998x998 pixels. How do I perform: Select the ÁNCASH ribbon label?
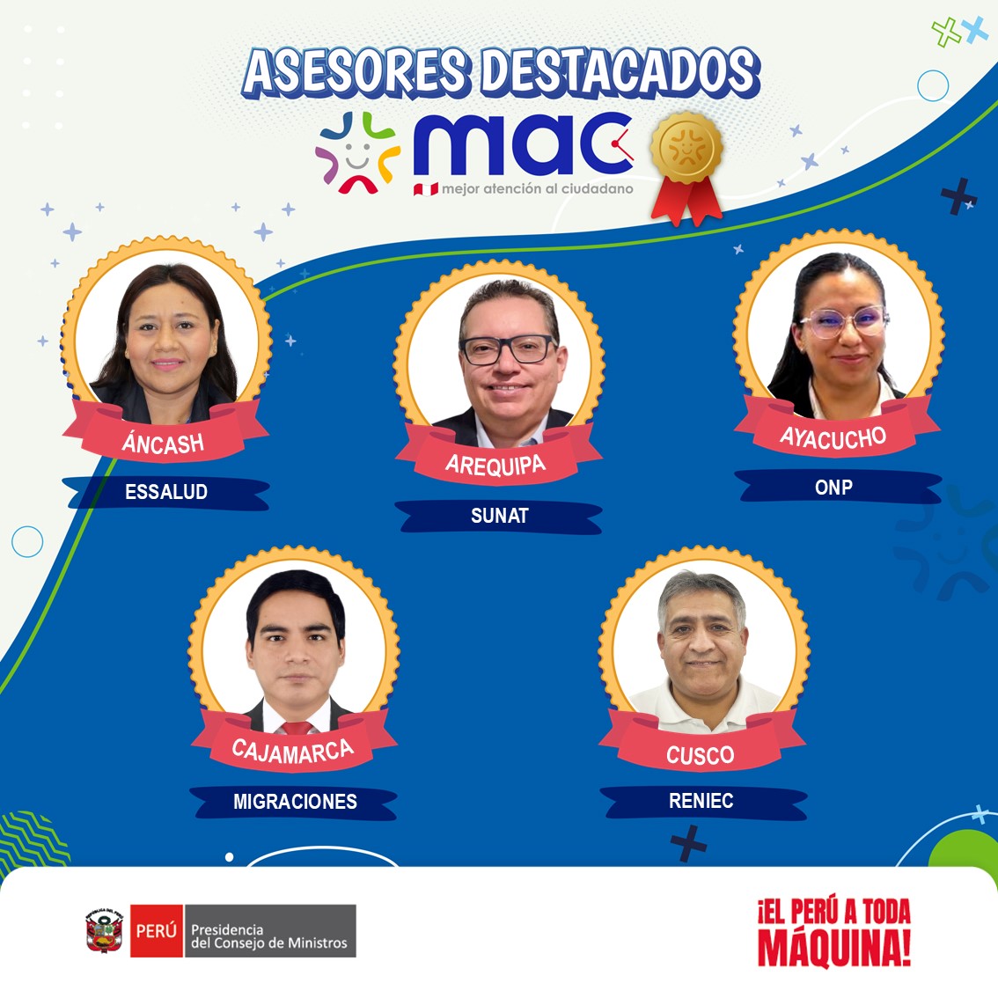[164, 443]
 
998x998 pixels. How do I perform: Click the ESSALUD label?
[166, 492]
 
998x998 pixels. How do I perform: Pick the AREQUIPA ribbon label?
[495, 464]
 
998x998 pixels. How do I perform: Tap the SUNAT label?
[499, 517]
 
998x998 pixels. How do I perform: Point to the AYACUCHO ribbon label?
[833, 437]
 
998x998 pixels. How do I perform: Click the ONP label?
[833, 488]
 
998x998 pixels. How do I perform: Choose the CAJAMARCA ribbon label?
[293, 751]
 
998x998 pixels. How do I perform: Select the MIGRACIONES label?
[295, 802]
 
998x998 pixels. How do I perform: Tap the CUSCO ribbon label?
[700, 755]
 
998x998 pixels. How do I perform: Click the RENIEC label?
[701, 801]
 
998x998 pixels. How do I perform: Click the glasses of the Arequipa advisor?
[508, 350]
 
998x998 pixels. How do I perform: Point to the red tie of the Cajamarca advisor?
[297, 728]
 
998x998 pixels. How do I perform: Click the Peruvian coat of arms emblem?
[105, 931]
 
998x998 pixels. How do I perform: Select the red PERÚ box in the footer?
[157, 931]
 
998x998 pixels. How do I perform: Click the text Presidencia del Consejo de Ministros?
[269, 936]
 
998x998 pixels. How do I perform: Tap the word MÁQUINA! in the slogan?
[833, 949]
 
